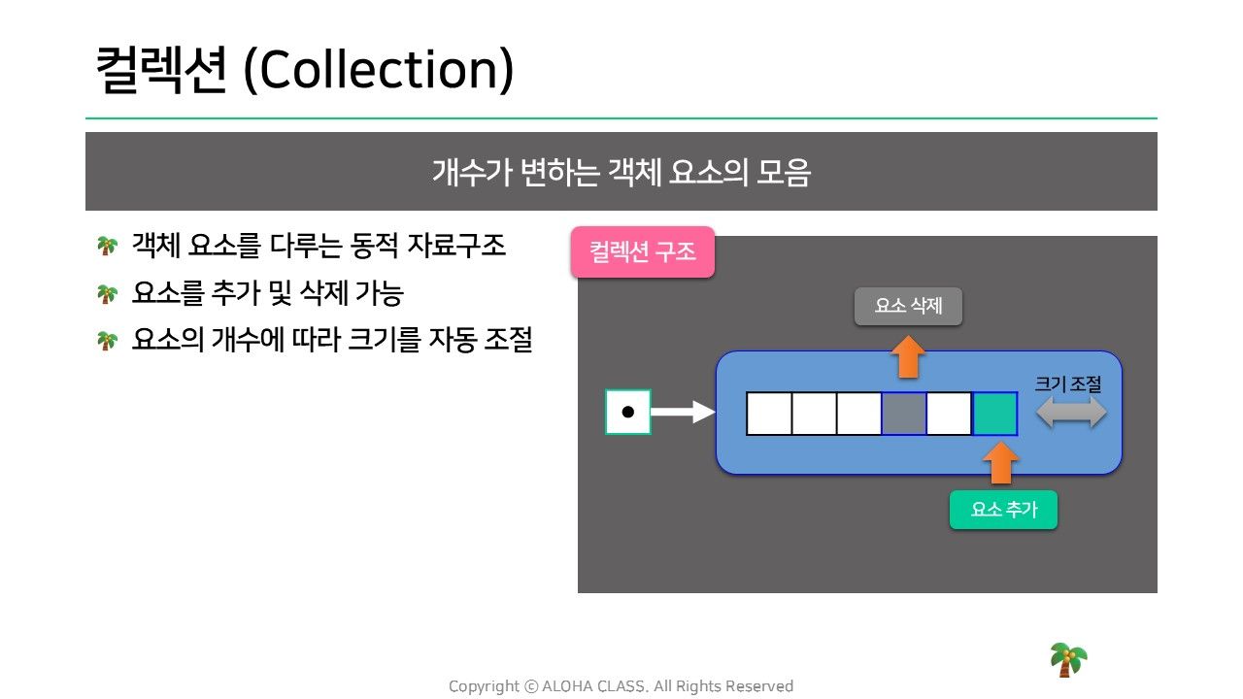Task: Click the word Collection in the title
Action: pos(379,69)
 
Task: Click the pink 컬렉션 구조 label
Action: pos(643,251)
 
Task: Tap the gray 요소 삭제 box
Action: pos(908,306)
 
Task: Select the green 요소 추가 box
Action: pos(1003,510)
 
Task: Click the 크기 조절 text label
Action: pos(1067,383)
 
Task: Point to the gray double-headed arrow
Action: pos(1071,414)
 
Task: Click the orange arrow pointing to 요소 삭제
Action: pos(908,356)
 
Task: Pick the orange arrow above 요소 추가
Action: pos(1000,463)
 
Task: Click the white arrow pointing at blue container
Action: pos(683,412)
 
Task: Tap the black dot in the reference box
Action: pos(627,412)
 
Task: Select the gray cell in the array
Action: pos(903,414)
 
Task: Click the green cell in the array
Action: pos(995,414)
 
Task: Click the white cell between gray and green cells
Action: pos(949,414)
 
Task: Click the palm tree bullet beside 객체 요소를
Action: pos(107,246)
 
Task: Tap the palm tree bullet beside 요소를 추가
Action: pos(107,293)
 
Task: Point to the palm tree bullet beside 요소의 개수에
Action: pos(107,340)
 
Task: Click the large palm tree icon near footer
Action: pos(1068,659)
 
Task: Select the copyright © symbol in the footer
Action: pos(531,686)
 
